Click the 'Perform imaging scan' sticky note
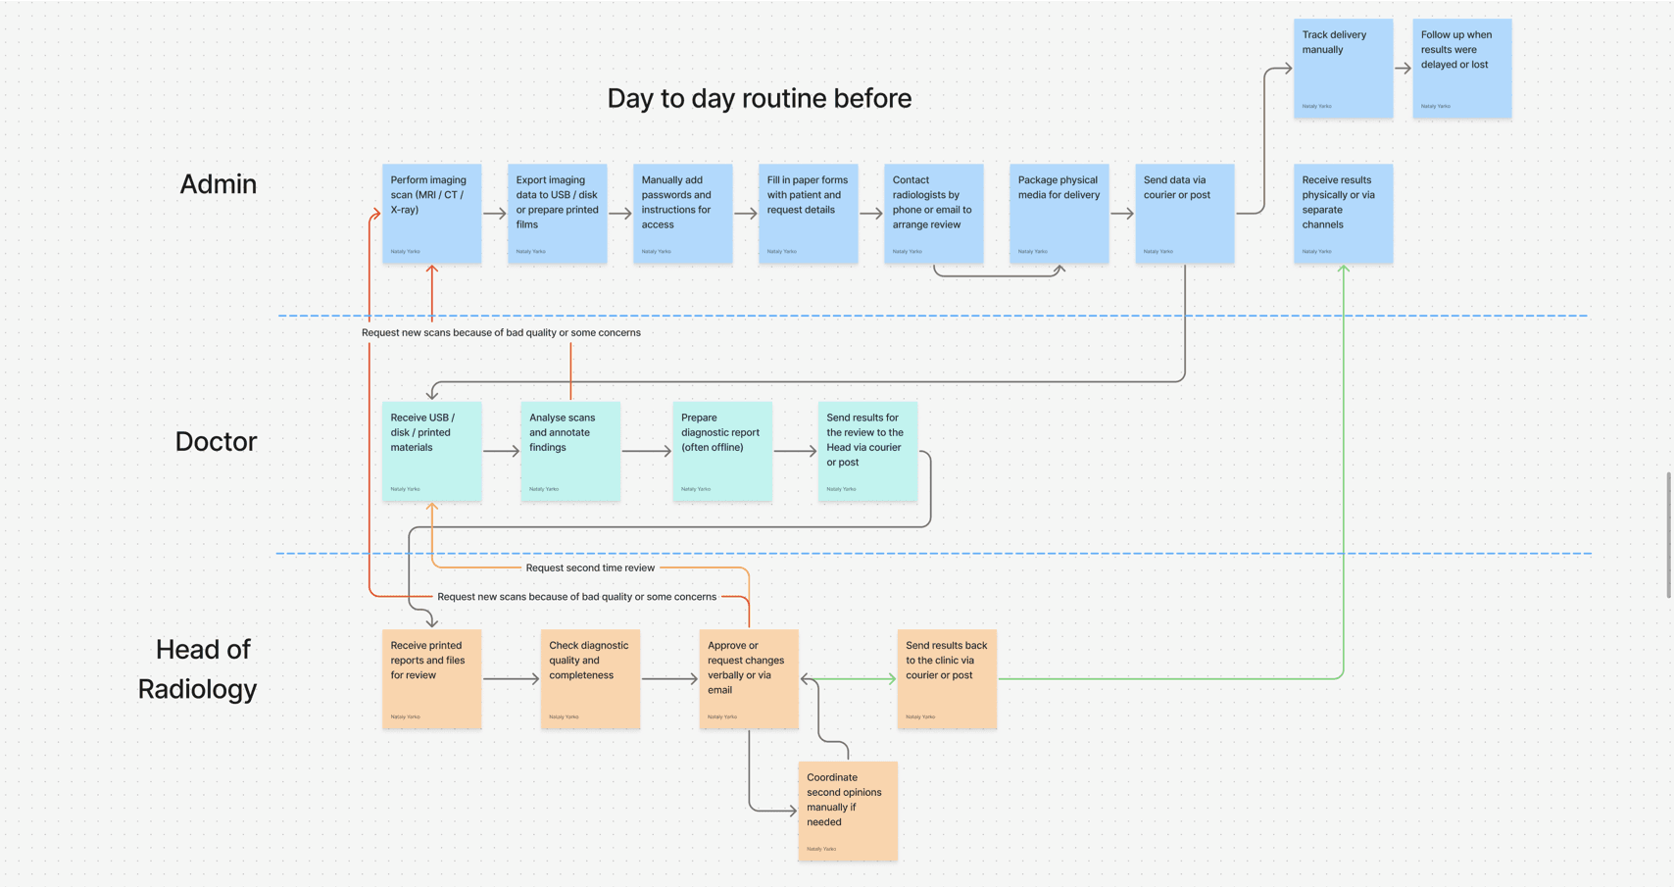(431, 214)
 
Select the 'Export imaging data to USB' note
(557, 214)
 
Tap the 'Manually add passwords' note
(682, 214)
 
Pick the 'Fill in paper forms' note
(808, 214)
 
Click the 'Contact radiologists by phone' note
(933, 214)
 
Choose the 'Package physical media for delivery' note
(1059, 214)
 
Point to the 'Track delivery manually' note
(1343, 69)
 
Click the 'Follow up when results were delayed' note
(1461, 69)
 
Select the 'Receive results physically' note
(1343, 214)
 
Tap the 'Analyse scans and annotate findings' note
(570, 451)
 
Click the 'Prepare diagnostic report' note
(722, 451)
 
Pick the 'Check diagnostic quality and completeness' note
(590, 679)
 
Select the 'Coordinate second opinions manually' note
(848, 811)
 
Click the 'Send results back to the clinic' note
(947, 679)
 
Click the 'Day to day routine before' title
(759, 98)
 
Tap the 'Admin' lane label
(218, 184)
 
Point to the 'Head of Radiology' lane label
(197, 669)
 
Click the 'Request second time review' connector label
(590, 568)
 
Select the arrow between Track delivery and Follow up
(1403, 69)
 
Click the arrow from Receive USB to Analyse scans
(501, 452)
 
